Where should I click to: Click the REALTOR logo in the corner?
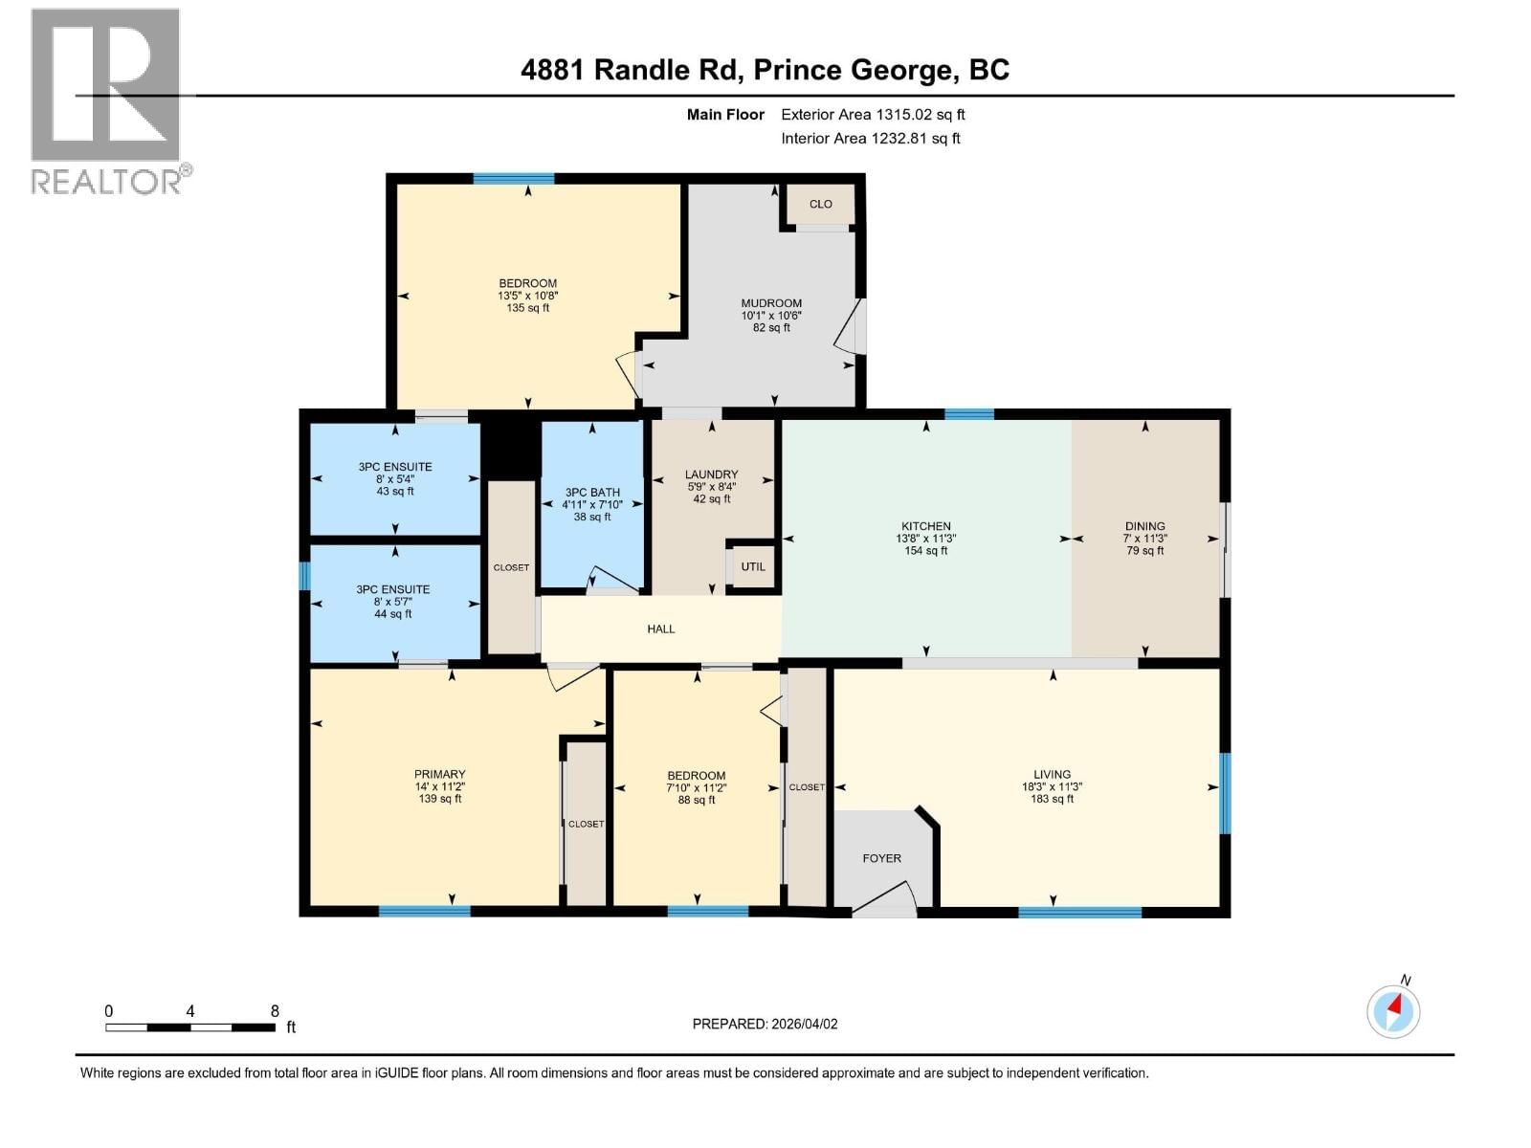[106, 100]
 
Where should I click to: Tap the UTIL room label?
[753, 566]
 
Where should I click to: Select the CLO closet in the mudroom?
[820, 204]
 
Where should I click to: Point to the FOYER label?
[881, 858]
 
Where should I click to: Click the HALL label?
[660, 629]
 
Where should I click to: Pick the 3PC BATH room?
[592, 504]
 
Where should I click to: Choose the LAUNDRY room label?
[711, 475]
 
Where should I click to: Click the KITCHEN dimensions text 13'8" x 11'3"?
[925, 539]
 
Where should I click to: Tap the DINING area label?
[1144, 526]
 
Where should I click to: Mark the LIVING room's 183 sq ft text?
[1052, 799]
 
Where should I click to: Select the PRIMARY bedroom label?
[439, 774]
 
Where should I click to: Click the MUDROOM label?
[770, 303]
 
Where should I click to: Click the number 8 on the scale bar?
[275, 1011]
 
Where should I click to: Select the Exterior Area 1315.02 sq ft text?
[873, 115]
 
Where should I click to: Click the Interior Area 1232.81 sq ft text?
[871, 139]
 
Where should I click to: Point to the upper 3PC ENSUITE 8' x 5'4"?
[395, 478]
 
